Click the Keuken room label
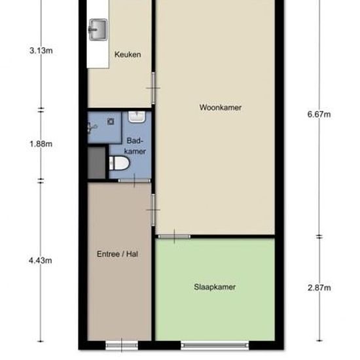(128, 54)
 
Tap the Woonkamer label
(221, 107)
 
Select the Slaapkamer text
(215, 287)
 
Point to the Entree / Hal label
(117, 254)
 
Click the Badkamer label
(135, 146)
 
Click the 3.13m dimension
(41, 50)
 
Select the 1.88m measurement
(41, 144)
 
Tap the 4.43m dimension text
(41, 261)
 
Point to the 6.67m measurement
(319, 114)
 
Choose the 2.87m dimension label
(319, 288)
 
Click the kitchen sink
(98, 29)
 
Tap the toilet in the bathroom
(119, 163)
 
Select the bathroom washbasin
(137, 117)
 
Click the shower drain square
(111, 122)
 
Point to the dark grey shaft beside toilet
(96, 163)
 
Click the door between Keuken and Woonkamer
(153, 88)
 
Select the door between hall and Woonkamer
(153, 210)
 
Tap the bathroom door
(134, 181)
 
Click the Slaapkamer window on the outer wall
(215, 345)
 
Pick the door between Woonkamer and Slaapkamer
(174, 236)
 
